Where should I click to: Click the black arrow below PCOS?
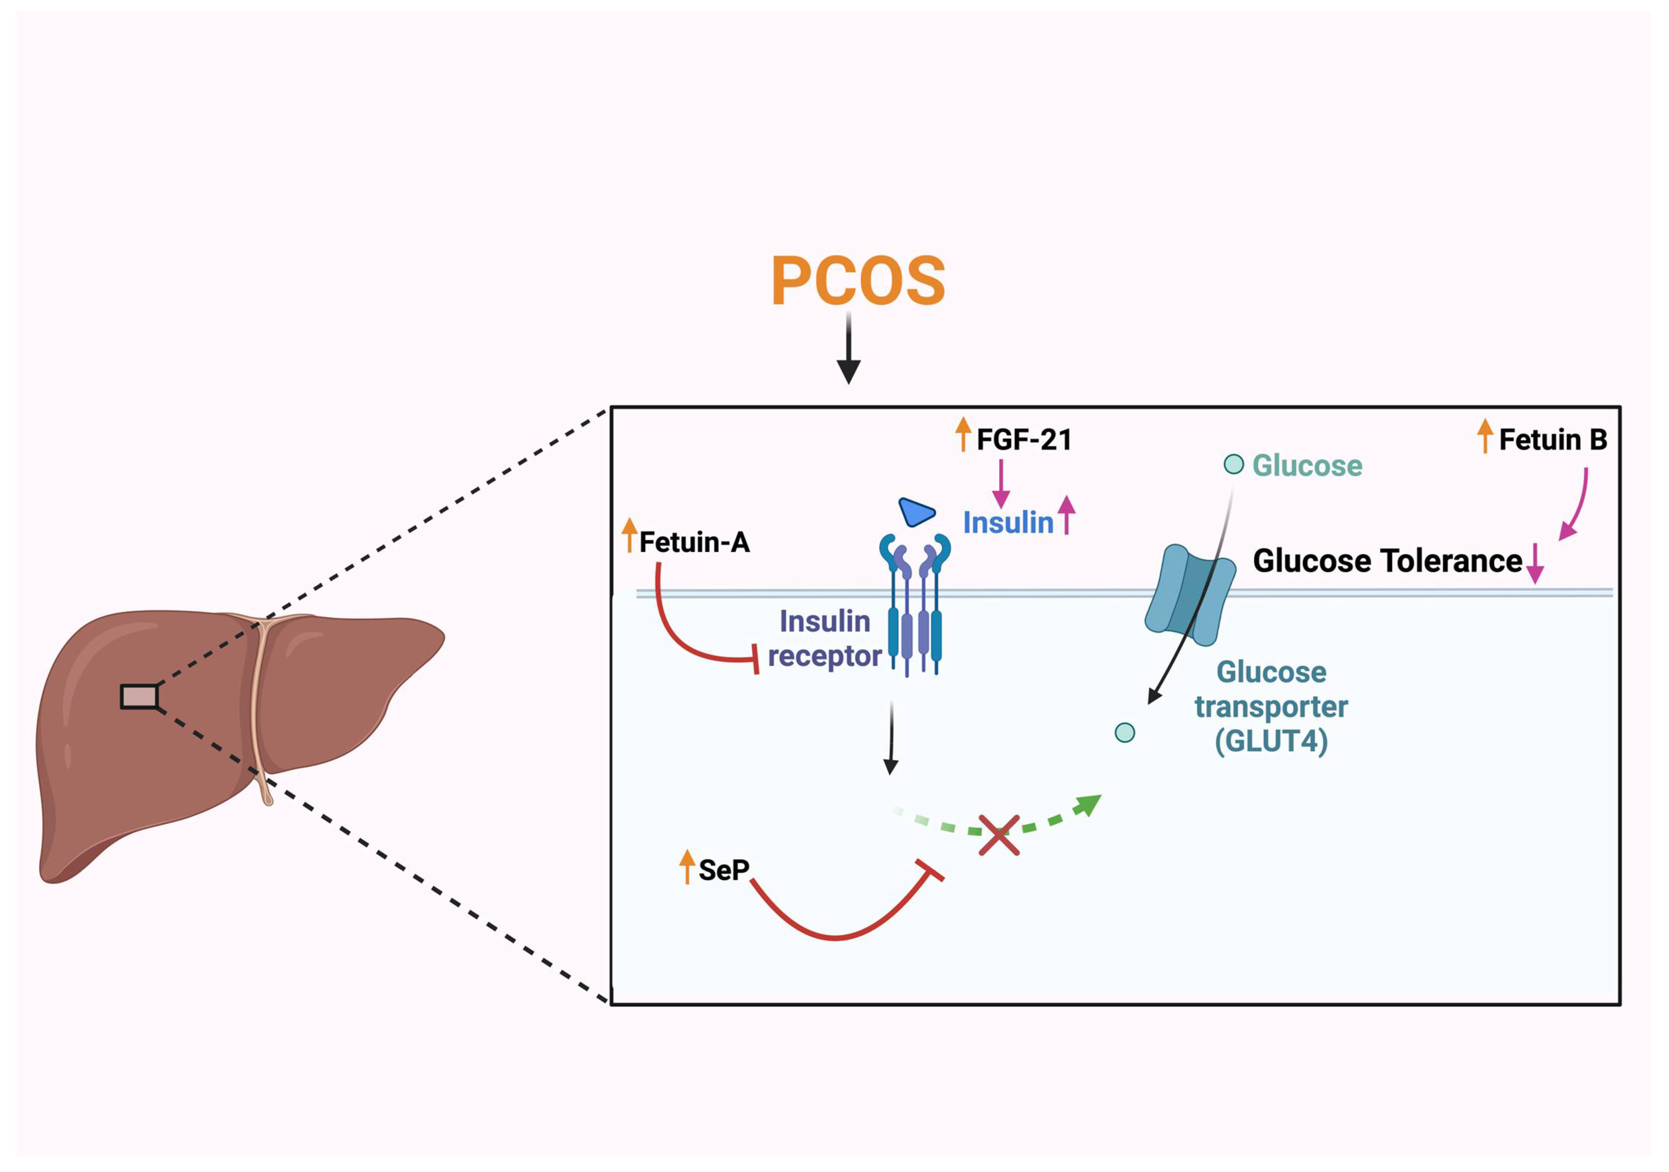pyautogui.click(x=848, y=349)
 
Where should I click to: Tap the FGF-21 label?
pyautogui.click(x=1024, y=440)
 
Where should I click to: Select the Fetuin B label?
pyautogui.click(x=1553, y=440)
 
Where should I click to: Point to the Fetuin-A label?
pyautogui.click(x=694, y=542)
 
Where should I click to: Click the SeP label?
pyautogui.click(x=723, y=870)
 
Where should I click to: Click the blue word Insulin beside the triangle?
pyautogui.click(x=1008, y=523)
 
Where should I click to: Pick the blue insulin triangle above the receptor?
pyautogui.click(x=916, y=512)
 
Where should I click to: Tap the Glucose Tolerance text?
pyautogui.click(x=1387, y=561)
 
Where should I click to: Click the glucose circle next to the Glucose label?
pyautogui.click(x=1234, y=464)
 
